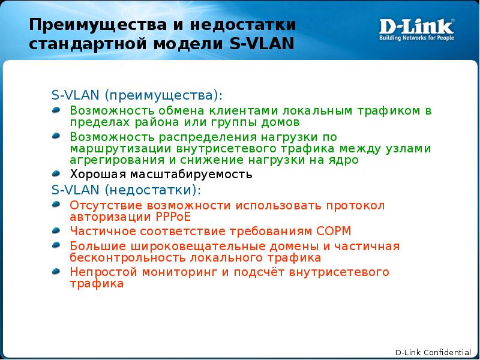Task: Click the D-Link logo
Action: (x=416, y=27)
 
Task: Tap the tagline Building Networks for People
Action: (x=416, y=38)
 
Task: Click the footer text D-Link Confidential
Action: (x=433, y=352)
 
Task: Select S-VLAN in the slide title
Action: (x=262, y=44)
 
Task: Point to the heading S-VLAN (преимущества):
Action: (x=136, y=95)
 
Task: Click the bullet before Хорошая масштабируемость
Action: (x=56, y=173)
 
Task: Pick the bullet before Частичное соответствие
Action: (x=56, y=230)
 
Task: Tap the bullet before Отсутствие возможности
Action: (x=56, y=204)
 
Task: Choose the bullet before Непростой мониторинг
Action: (x=56, y=271)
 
